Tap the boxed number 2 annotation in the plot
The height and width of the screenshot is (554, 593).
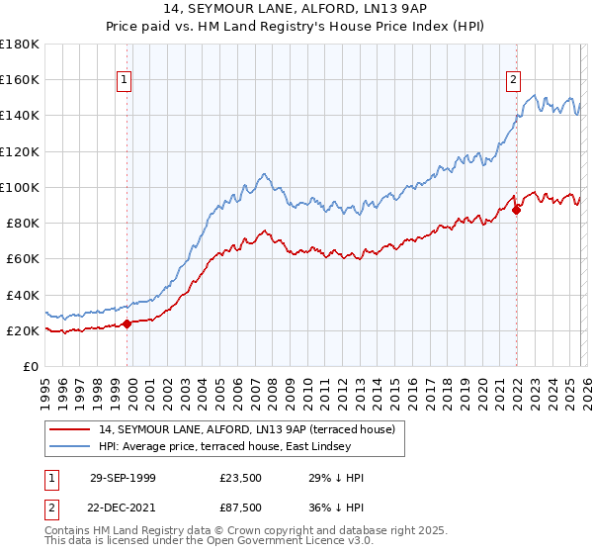pyautogui.click(x=514, y=81)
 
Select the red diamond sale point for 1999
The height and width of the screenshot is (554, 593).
pyautogui.click(x=127, y=323)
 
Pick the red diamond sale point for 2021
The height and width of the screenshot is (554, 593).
pyautogui.click(x=516, y=209)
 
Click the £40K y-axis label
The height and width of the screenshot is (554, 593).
pyautogui.click(x=22, y=295)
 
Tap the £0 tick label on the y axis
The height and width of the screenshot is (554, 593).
pyautogui.click(x=32, y=367)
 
